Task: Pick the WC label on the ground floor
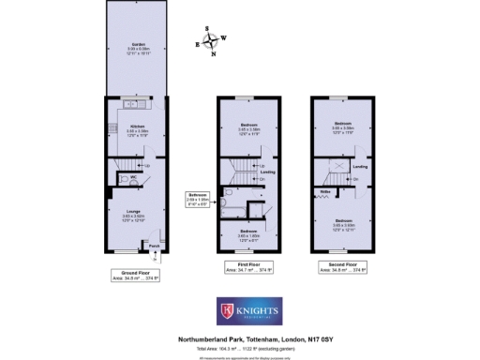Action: pos(134,176)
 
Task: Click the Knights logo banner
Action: pos(239,309)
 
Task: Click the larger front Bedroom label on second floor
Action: pos(342,222)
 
